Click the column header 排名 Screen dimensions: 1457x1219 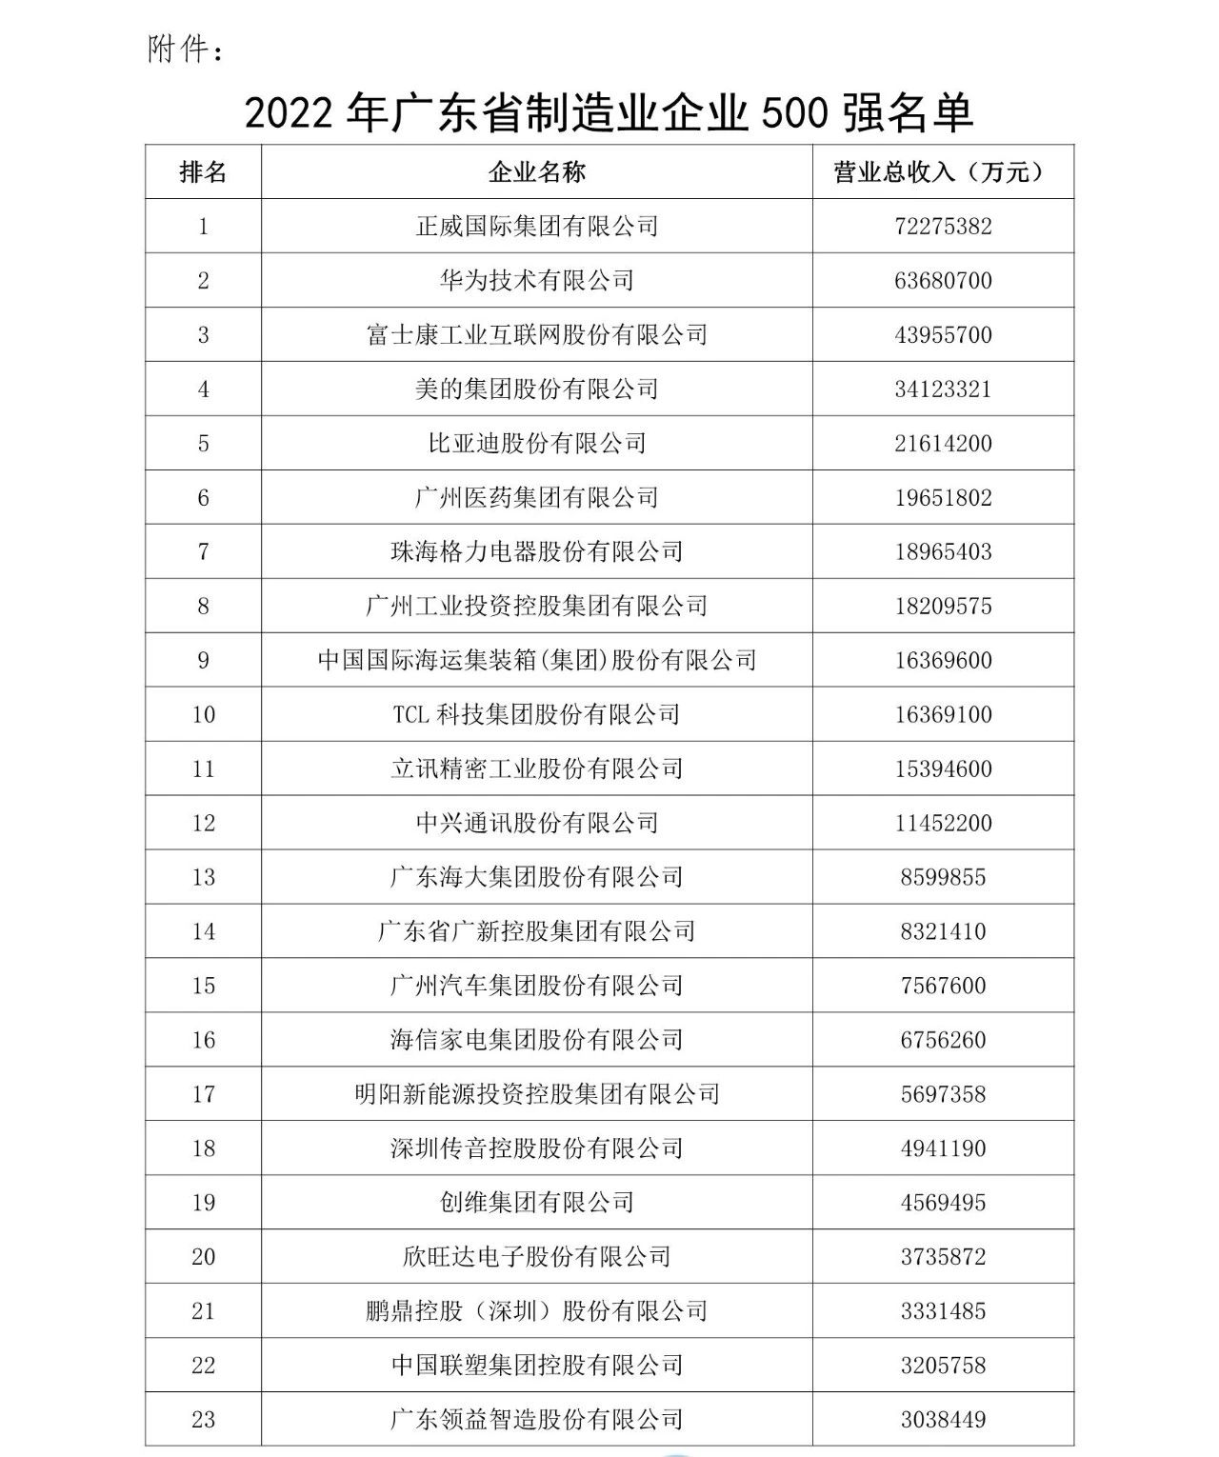click(x=203, y=172)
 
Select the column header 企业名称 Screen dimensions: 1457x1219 click(x=536, y=172)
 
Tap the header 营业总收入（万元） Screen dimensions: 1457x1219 click(x=943, y=172)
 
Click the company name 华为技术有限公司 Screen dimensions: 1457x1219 click(x=536, y=281)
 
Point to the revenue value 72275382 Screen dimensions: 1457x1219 click(x=943, y=227)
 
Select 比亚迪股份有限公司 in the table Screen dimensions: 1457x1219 click(x=536, y=444)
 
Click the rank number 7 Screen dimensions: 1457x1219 click(x=203, y=552)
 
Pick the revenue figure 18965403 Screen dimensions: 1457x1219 click(x=943, y=552)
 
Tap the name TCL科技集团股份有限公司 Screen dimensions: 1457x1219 click(x=536, y=715)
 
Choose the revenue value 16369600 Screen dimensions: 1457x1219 click(x=943, y=661)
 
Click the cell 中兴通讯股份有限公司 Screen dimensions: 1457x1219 click(x=536, y=824)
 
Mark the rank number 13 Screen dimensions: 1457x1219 click(x=203, y=878)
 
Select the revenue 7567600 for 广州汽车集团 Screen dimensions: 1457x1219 click(x=943, y=987)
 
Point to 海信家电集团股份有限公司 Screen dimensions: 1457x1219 click(x=536, y=1041)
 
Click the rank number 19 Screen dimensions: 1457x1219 click(x=203, y=1204)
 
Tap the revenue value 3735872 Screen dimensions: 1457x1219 click(x=943, y=1258)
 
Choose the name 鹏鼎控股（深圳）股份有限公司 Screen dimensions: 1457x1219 click(x=536, y=1312)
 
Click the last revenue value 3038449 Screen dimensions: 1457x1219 click(x=943, y=1421)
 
